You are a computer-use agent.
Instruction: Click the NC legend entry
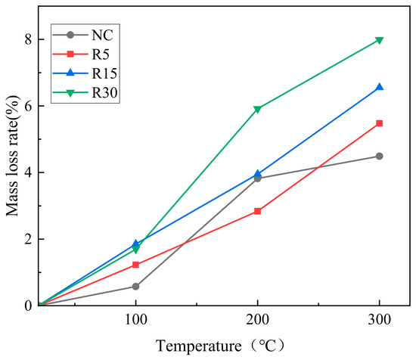point(83,35)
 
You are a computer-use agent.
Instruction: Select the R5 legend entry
point(81,54)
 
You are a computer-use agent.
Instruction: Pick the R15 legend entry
point(85,73)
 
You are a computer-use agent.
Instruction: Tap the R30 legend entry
point(85,92)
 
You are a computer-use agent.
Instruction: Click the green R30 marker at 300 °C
point(380,40)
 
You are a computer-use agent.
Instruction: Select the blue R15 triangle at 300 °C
point(380,87)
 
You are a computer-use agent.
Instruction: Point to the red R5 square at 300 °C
point(380,123)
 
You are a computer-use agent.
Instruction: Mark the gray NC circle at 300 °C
point(380,156)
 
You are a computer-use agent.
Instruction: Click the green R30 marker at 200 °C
point(257,109)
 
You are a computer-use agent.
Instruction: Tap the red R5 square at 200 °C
point(257,211)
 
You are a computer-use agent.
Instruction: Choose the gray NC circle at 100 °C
point(135,287)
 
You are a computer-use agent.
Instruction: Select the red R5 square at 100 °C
point(135,265)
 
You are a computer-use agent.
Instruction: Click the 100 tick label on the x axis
point(136,319)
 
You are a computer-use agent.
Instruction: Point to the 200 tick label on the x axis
point(257,319)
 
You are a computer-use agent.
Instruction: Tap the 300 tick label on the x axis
point(380,319)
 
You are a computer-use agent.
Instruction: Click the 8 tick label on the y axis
point(28,39)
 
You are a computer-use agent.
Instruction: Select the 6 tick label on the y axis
point(28,106)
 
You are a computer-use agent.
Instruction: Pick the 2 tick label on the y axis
point(28,239)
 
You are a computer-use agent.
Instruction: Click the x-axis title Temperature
point(199,346)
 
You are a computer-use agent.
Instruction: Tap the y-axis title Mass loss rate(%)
point(12,156)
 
